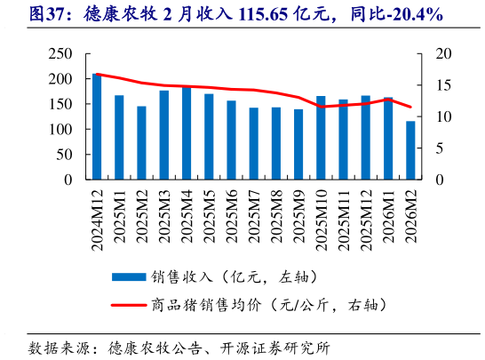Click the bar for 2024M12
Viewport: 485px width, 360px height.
97,127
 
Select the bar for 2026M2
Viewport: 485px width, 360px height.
410,150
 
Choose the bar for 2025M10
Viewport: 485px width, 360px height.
321,138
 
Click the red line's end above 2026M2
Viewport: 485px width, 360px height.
410,107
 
